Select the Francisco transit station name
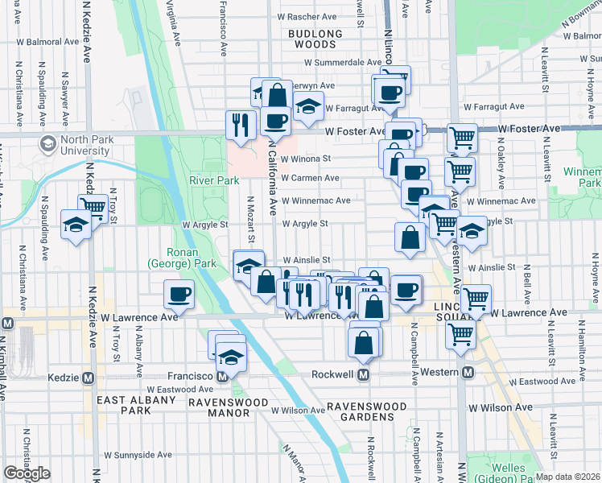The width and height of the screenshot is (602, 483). click(x=189, y=376)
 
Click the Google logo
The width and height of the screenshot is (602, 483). click(x=27, y=473)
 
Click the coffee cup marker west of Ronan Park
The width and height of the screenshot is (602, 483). click(x=178, y=294)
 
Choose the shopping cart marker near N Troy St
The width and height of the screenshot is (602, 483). click(x=93, y=207)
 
